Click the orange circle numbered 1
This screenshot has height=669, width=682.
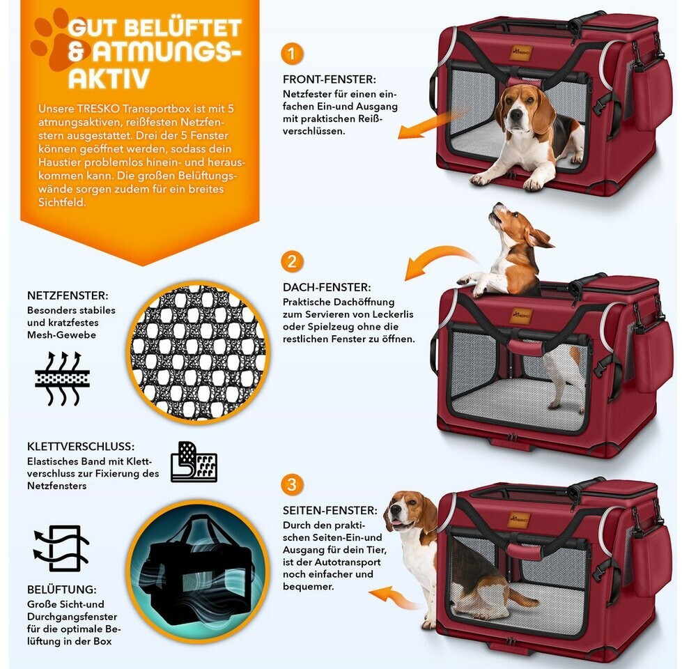click(292, 54)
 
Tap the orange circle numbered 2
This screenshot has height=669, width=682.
click(292, 261)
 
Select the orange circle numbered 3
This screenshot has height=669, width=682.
click(292, 484)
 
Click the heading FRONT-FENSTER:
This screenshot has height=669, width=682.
click(330, 79)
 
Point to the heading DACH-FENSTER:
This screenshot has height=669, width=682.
click(327, 287)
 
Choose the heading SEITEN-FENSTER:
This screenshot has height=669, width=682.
click(330, 510)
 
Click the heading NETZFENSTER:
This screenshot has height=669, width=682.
click(68, 295)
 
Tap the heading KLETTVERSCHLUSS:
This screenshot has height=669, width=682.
click(81, 446)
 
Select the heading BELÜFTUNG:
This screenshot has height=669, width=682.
click(62, 590)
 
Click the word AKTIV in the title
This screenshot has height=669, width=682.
click(109, 78)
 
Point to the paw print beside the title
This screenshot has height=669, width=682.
click(59, 41)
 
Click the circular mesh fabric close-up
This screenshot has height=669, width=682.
click(199, 353)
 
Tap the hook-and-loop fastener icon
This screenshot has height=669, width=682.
click(194, 461)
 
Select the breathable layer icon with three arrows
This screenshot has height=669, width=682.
click(63, 378)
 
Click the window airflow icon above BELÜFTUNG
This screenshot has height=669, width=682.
click(61, 548)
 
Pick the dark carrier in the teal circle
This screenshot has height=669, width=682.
click(199, 571)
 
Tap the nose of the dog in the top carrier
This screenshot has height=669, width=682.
click(516, 115)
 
